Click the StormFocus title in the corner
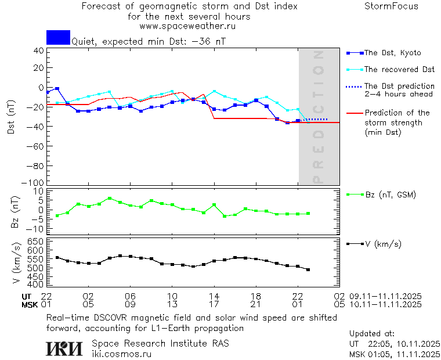point(391,7)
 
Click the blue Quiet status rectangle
point(58,37)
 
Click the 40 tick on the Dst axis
point(39,51)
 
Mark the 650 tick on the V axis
point(36,241)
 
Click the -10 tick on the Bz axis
point(37,229)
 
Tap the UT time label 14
point(214,296)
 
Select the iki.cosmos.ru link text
point(121,354)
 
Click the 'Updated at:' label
point(371,334)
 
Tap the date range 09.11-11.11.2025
point(385,296)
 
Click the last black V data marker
point(308,269)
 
